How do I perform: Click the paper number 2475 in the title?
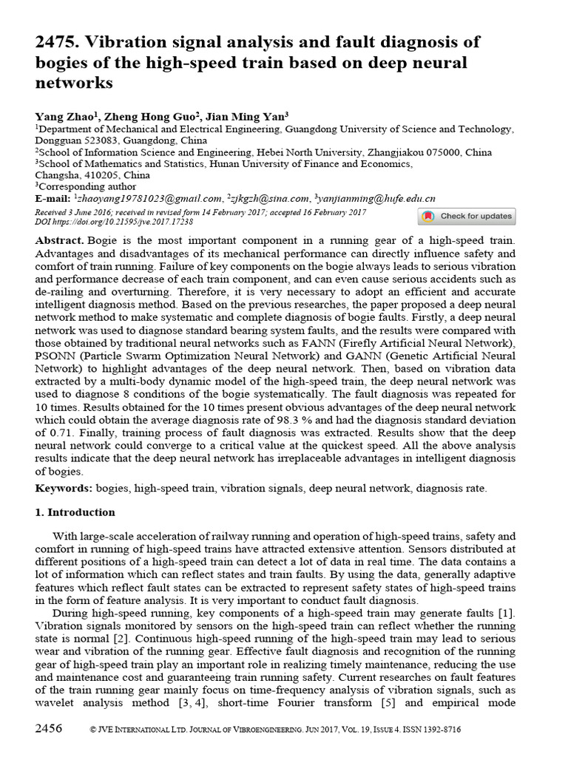tap(57, 43)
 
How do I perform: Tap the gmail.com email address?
tap(149, 199)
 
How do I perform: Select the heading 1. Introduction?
tap(75, 512)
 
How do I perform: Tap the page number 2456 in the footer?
tap(49, 729)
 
